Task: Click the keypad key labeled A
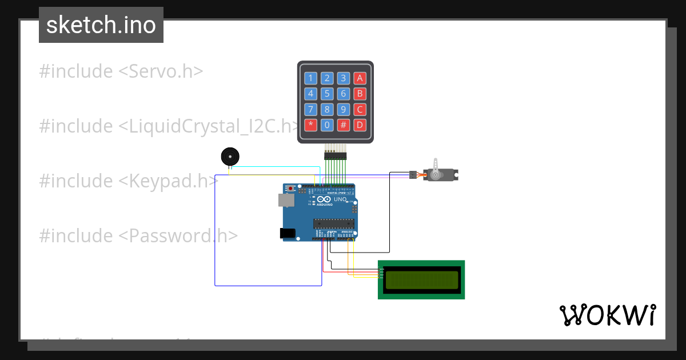coord(359,78)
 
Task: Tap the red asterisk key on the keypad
coord(310,125)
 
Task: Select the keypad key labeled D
coord(359,125)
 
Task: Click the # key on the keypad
coord(343,125)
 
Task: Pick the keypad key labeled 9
coord(343,109)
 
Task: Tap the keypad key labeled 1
coord(310,78)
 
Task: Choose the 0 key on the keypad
coord(327,125)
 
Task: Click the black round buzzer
coord(229,156)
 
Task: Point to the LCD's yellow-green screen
coord(421,279)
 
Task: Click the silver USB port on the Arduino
coord(286,200)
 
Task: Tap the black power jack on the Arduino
coord(287,233)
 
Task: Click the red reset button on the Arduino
coord(291,188)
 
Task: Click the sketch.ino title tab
coord(101,25)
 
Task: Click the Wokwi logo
coord(607,315)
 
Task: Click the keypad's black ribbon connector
coord(336,155)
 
